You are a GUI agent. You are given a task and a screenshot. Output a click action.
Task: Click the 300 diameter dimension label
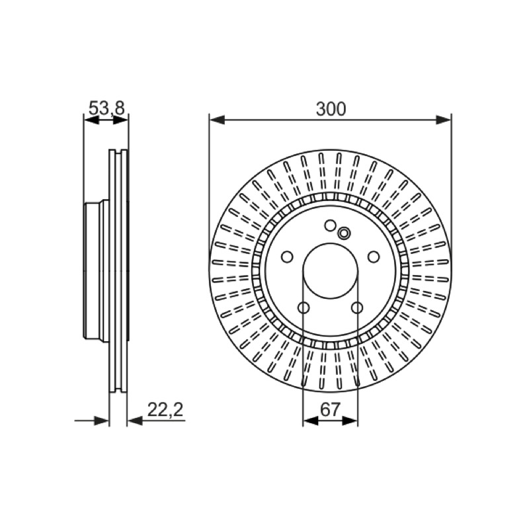tap(331, 109)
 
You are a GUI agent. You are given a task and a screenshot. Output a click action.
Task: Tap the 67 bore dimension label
tap(329, 409)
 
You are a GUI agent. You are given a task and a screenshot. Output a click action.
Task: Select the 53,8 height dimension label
tap(106, 108)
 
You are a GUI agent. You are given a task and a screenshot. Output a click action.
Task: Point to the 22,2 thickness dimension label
tap(165, 409)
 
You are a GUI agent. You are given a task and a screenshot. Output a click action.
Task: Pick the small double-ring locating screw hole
tap(344, 233)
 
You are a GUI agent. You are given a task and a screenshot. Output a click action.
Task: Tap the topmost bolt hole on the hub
tap(329, 225)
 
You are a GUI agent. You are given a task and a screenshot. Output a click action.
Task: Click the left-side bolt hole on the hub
tap(287, 257)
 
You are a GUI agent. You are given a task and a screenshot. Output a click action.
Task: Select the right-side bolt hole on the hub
tap(374, 257)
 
